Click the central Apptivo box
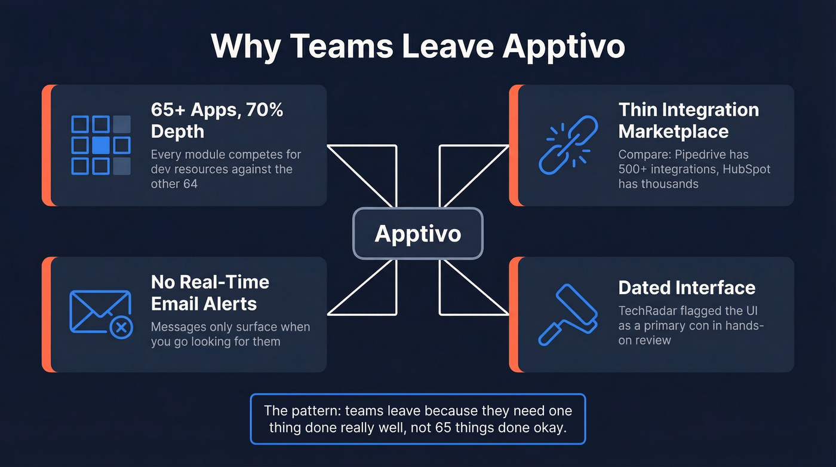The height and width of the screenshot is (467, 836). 417,233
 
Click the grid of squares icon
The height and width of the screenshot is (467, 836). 100,145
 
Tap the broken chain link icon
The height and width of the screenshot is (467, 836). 564,145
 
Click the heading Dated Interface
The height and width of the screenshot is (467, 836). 687,288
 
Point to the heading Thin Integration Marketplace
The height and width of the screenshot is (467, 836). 689,120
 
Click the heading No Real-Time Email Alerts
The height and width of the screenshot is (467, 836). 210,292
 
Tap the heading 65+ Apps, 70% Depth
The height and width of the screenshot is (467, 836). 217,120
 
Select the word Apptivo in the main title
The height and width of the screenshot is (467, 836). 563,45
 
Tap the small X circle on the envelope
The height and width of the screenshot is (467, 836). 121,327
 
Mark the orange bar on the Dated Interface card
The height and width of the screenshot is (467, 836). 513,314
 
